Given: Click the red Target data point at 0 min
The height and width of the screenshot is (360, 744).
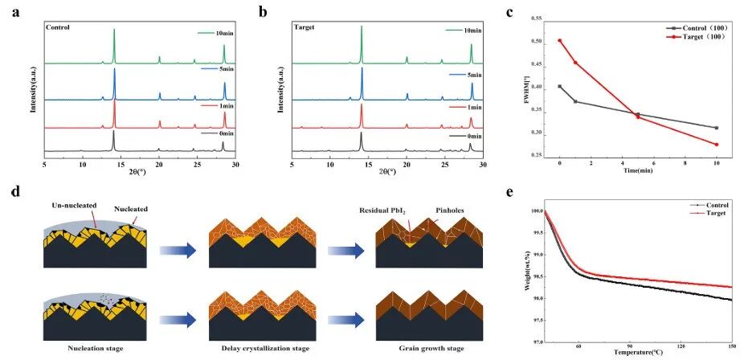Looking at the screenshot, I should pyautogui.click(x=560, y=40).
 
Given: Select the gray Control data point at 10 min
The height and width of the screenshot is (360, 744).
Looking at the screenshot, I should pyautogui.click(x=716, y=128).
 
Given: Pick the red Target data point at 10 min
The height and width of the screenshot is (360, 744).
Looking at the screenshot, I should pyautogui.click(x=716, y=145).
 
